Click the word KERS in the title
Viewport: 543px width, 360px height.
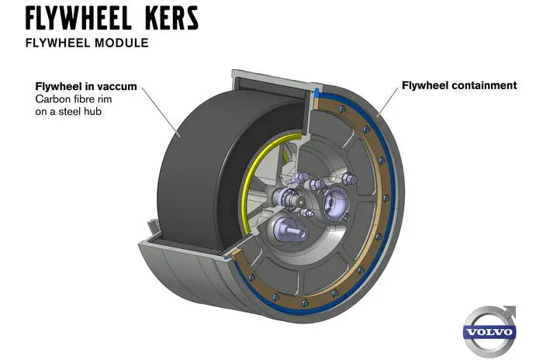tap(160, 18)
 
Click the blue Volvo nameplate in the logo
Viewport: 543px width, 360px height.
tap(489, 332)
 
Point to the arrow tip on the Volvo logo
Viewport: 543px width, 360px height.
tap(511, 309)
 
